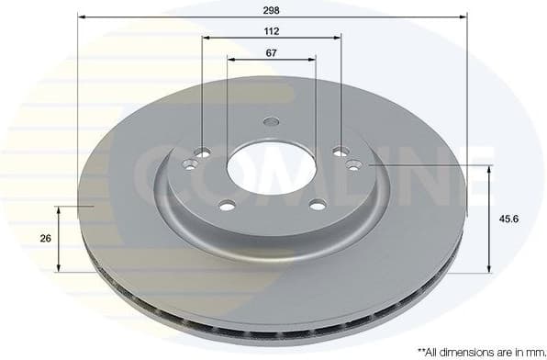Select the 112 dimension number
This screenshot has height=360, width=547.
[271, 30]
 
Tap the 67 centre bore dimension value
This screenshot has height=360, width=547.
[271, 52]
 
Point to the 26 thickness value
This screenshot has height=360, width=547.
[45, 237]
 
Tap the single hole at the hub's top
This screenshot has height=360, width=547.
[271, 121]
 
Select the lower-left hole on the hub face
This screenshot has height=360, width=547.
[228, 204]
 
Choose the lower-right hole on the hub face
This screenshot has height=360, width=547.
[318, 204]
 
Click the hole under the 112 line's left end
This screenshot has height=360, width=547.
[204, 152]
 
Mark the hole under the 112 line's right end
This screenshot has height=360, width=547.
[340, 152]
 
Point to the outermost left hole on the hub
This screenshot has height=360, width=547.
[190, 165]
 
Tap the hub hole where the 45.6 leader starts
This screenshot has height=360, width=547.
[354, 164]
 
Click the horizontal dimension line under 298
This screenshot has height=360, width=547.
[272, 17]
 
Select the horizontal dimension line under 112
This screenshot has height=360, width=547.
[272, 38]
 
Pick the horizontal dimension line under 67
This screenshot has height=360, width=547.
[272, 60]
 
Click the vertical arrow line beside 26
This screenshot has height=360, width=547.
[60, 239]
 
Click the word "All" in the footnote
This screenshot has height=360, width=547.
[435, 351]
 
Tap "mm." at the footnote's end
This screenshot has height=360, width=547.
[530, 351]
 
